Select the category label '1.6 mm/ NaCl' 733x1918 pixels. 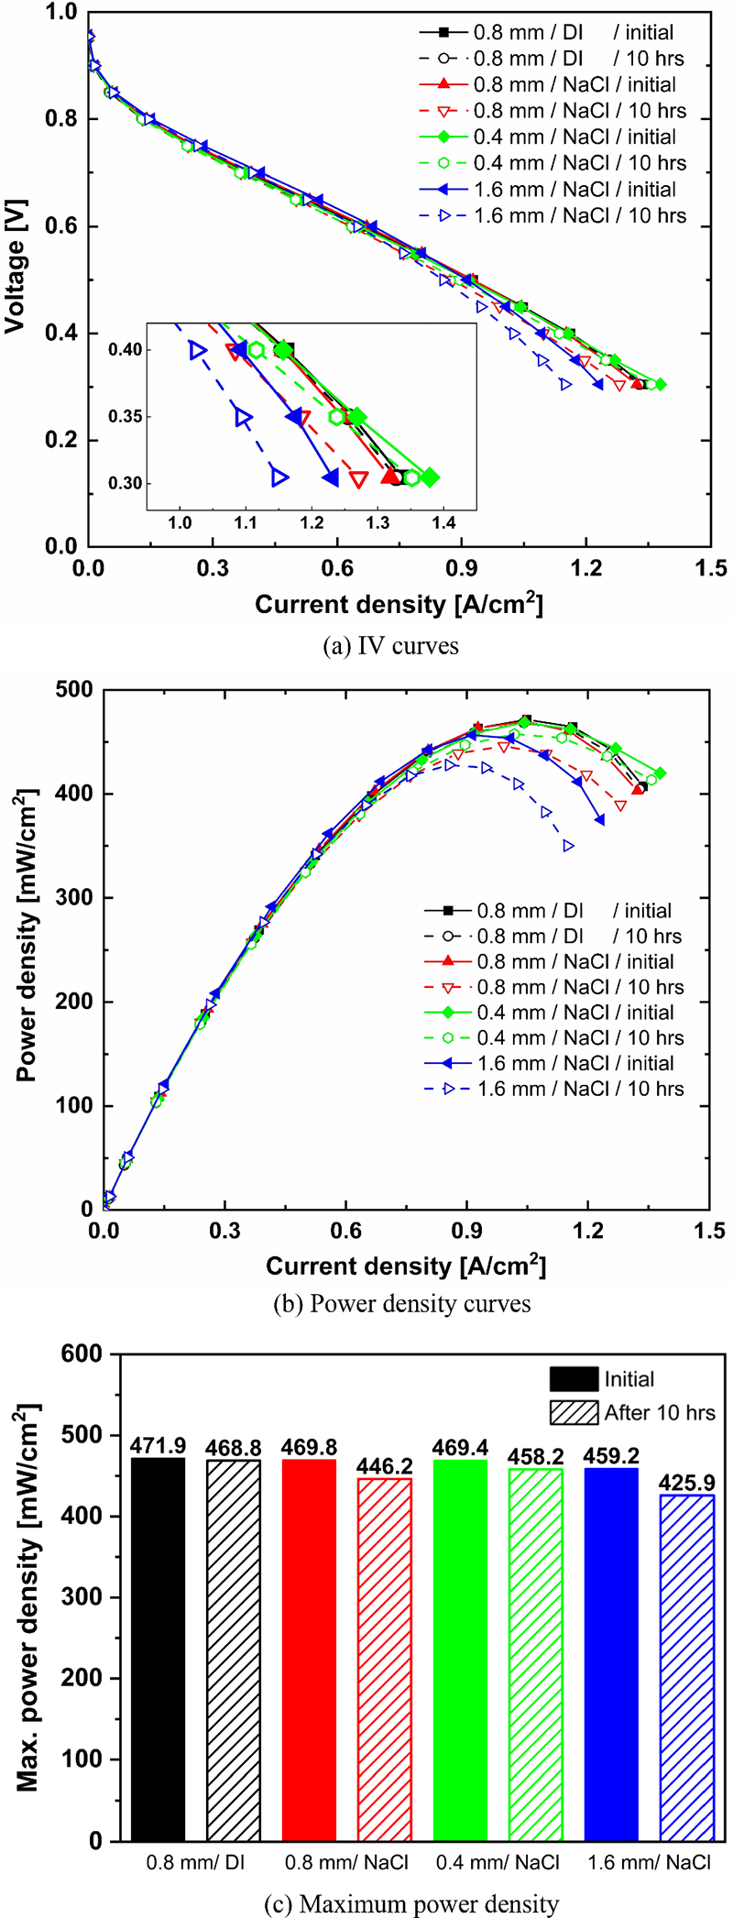pyautogui.click(x=651, y=1862)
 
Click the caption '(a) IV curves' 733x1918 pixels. pyautogui.click(x=391, y=646)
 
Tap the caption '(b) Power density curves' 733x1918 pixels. pyautogui.click(x=402, y=1303)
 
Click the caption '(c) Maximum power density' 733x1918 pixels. pyautogui.click(x=411, y=1904)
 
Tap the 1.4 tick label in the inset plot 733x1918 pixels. pyautogui.click(x=443, y=523)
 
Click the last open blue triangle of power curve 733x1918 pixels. pyautogui.click(x=569, y=846)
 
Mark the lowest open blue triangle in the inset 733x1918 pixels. pyautogui.click(x=280, y=477)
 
